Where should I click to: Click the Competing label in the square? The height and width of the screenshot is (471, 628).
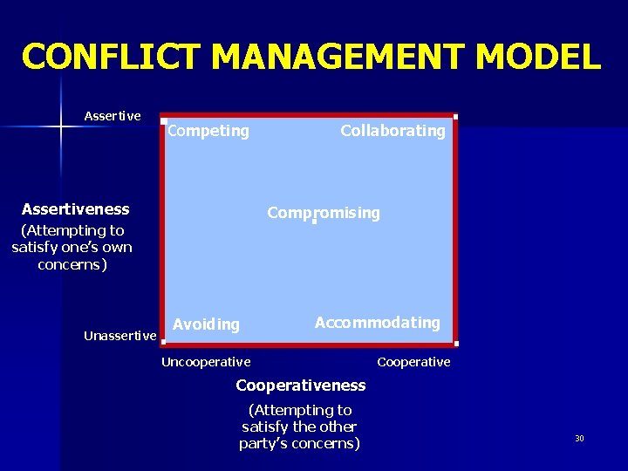pyautogui.click(x=208, y=131)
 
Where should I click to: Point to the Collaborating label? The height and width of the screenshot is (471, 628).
pyautogui.click(x=392, y=131)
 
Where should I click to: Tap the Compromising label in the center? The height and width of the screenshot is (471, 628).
pyautogui.click(x=324, y=213)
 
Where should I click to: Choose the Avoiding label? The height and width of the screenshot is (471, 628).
pyautogui.click(x=206, y=324)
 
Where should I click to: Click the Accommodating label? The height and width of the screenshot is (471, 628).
pyautogui.click(x=377, y=323)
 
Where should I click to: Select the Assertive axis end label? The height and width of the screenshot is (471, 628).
pyautogui.click(x=113, y=115)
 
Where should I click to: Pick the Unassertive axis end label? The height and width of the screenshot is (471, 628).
pyautogui.click(x=120, y=336)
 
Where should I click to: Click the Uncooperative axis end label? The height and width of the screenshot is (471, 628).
pyautogui.click(x=206, y=362)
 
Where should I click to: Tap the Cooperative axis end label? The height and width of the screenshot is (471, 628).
pyautogui.click(x=413, y=362)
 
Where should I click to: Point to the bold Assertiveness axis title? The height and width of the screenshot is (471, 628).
pyautogui.click(x=75, y=209)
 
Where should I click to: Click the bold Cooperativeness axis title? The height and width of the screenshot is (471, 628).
pyautogui.click(x=301, y=386)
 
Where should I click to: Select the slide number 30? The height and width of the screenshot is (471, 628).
pyautogui.click(x=579, y=438)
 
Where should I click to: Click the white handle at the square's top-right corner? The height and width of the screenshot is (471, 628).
pyautogui.click(x=455, y=117)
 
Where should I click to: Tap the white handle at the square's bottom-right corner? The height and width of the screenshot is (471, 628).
pyautogui.click(x=455, y=343)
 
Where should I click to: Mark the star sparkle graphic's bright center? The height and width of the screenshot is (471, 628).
pyautogui.click(x=61, y=127)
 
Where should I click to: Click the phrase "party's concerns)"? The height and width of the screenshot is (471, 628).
pyautogui.click(x=299, y=443)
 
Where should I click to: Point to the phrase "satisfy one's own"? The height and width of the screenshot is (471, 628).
pyautogui.click(x=72, y=247)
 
